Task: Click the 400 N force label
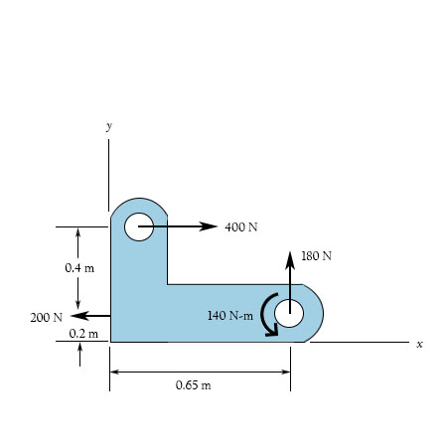click(241, 227)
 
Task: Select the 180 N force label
click(316, 256)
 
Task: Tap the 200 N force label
click(47, 318)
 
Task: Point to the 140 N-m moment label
click(230, 315)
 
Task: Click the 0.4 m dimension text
click(79, 268)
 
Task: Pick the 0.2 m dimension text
click(83, 334)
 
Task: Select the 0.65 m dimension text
click(194, 385)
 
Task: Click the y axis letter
click(109, 126)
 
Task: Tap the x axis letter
click(419, 345)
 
